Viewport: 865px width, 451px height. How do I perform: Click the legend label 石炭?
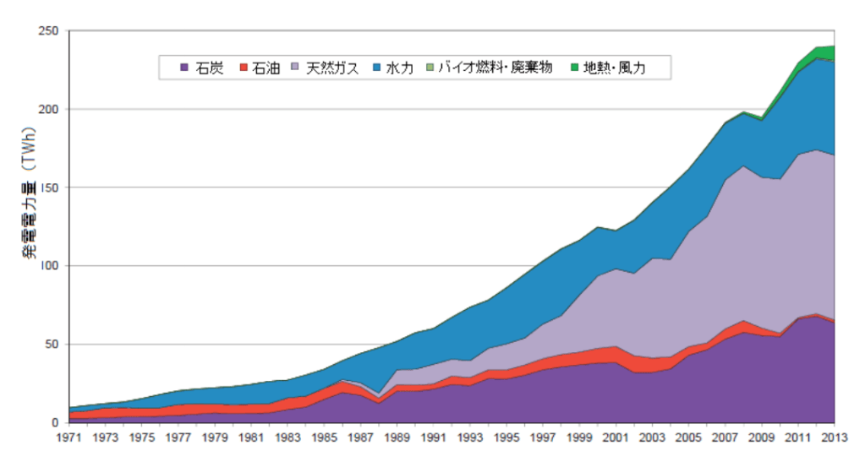point(210,68)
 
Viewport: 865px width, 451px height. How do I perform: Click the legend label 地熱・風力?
point(621,68)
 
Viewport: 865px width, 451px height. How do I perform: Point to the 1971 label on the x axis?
point(68,438)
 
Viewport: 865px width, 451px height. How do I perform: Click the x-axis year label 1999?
point(579,438)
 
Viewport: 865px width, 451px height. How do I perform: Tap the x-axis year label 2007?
point(725,438)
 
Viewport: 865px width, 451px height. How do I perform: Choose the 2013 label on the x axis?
point(835,438)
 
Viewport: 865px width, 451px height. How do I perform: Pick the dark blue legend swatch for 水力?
point(378,68)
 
